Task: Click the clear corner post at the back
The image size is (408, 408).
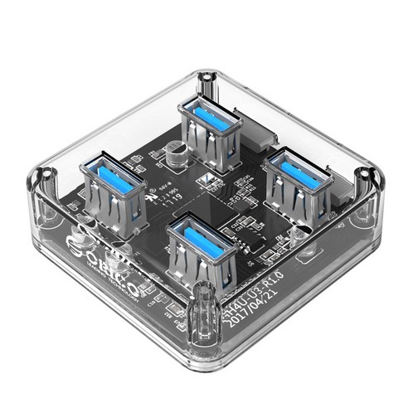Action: [204, 83]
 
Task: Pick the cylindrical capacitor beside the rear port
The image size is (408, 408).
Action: [175, 154]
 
